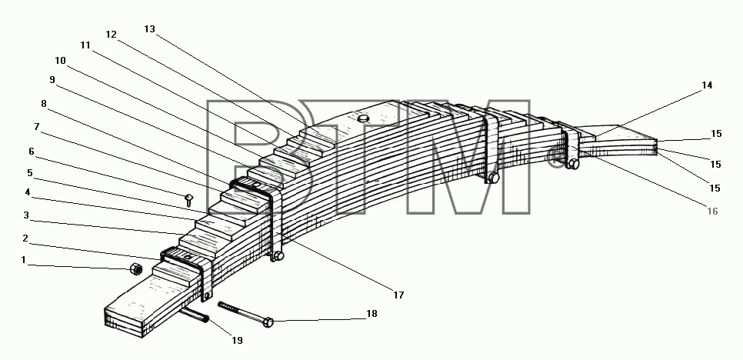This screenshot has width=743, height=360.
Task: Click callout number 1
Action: point(23,260)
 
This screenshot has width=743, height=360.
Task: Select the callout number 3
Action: point(26,215)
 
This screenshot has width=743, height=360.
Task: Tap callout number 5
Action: point(30,173)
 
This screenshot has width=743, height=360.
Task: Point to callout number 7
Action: point(36,127)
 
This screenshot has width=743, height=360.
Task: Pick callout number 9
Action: point(52,79)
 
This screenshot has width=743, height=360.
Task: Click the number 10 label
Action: point(60,61)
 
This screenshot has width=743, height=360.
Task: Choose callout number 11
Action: point(85,45)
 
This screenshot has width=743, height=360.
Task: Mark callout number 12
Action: point(111,34)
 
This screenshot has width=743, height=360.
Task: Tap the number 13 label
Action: point(149,29)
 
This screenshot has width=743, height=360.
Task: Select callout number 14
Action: point(707,85)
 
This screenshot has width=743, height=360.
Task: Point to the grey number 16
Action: point(712,212)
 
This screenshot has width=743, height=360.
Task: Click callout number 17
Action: point(398,295)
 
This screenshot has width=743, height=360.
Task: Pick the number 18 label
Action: point(372,314)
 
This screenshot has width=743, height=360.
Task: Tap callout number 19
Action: point(237,340)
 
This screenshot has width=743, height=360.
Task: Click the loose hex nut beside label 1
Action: point(136,268)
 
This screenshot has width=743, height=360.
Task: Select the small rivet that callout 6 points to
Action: point(188,199)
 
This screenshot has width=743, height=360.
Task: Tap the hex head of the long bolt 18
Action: point(268,322)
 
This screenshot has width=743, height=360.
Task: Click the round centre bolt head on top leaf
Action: point(363,118)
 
